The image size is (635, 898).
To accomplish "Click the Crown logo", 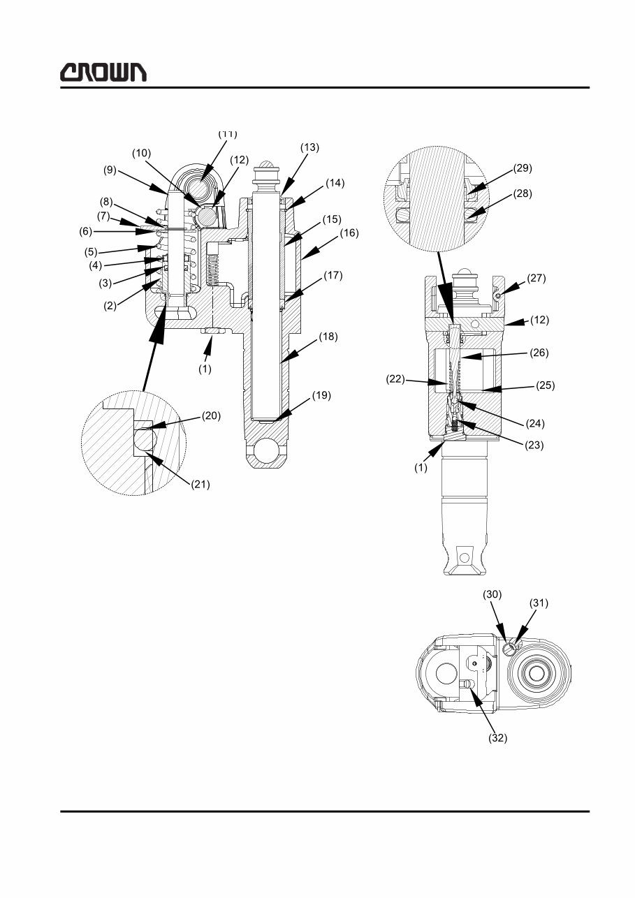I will [x=103, y=72].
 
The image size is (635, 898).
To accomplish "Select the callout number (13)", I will [x=309, y=147].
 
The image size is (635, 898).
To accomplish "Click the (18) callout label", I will [x=328, y=337].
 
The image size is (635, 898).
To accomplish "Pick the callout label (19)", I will [x=322, y=395].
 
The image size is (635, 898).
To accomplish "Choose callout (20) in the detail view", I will [x=212, y=415].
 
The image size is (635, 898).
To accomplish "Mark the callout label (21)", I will [x=200, y=483].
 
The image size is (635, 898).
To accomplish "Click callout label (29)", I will [x=523, y=168].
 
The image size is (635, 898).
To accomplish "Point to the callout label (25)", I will [x=546, y=385].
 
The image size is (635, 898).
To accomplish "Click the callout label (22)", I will [x=396, y=380].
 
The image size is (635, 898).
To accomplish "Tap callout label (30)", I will [x=492, y=594].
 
